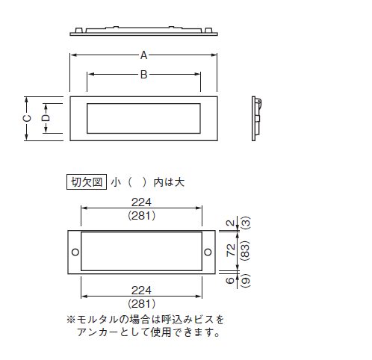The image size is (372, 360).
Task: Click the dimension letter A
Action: [x=143, y=55]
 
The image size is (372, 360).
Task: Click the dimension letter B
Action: [x=143, y=75]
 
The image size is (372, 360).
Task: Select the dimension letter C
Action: [x=27, y=118]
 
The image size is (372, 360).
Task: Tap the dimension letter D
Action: [x=46, y=118]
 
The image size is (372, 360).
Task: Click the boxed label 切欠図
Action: [x=87, y=182]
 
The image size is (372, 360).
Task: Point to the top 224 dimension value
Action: [x=141, y=202]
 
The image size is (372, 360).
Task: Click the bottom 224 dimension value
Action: [x=141, y=291]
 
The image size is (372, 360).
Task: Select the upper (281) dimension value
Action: [x=142, y=216]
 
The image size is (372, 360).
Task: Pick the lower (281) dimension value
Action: [x=142, y=304]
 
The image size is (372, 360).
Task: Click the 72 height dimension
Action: [x=231, y=250]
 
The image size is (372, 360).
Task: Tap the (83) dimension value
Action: [x=246, y=251]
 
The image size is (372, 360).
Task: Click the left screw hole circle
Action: [x=75, y=252]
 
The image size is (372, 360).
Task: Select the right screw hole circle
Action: [x=208, y=252]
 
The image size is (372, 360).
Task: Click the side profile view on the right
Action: [x=256, y=119]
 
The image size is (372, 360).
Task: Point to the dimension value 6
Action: [x=230, y=281]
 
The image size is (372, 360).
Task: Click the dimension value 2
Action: [x=231, y=223]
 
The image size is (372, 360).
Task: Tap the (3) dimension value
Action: [x=246, y=223]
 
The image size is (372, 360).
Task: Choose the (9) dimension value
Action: [x=246, y=281]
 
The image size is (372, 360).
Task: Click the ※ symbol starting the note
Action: [x=71, y=320]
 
